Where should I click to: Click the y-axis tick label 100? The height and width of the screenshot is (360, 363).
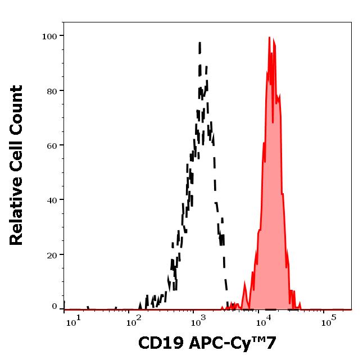[x=49, y=37]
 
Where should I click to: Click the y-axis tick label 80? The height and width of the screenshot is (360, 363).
[x=52, y=91]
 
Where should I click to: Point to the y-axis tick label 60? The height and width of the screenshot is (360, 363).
[x=52, y=145]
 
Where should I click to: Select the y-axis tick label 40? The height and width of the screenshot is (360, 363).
[x=52, y=200]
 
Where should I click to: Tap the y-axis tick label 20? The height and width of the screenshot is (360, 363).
[x=52, y=255]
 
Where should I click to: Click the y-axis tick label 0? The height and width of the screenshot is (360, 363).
[x=55, y=307]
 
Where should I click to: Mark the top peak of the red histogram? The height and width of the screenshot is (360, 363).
[x=269, y=38]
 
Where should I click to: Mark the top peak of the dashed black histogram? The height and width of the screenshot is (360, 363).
[x=199, y=42]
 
